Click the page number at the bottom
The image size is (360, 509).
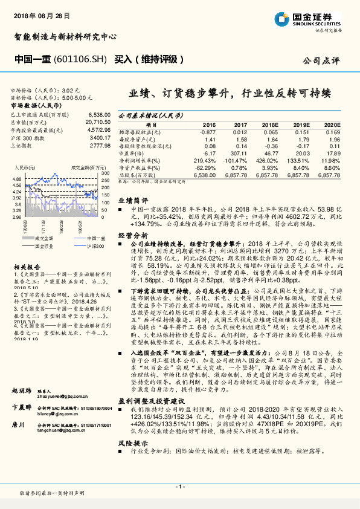[x=179, y=487]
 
